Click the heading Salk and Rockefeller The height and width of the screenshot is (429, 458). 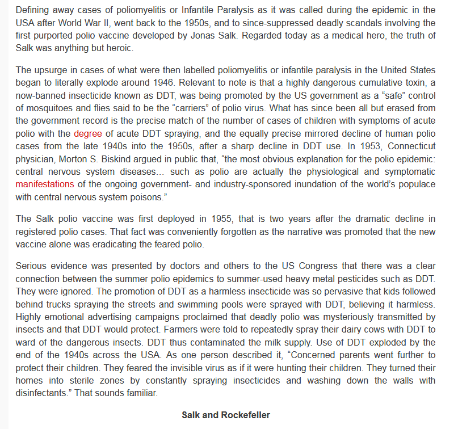click(x=226, y=415)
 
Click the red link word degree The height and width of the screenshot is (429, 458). click(x=88, y=134)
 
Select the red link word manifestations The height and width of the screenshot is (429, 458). click(x=45, y=184)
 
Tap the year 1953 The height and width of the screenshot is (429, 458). click(x=364, y=146)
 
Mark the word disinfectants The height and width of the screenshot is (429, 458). click(x=43, y=393)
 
